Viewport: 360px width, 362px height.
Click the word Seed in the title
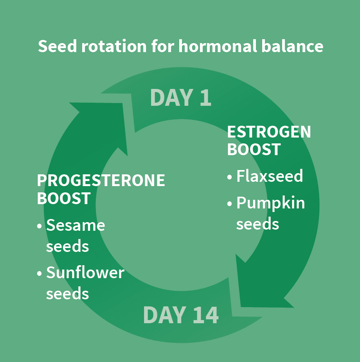click(x=57, y=46)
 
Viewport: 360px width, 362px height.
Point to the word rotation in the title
click(x=114, y=46)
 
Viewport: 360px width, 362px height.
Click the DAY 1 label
click(x=181, y=98)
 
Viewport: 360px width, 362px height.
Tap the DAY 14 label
click(x=181, y=315)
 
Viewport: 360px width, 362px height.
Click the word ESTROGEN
click(x=269, y=132)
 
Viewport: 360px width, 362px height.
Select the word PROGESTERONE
click(x=101, y=180)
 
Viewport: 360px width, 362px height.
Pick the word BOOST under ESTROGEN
click(x=254, y=149)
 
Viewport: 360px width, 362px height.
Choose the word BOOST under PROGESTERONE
click(x=64, y=198)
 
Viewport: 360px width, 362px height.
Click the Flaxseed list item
click(x=270, y=176)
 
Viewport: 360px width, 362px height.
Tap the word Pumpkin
click(x=270, y=204)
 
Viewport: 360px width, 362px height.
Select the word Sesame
click(x=76, y=225)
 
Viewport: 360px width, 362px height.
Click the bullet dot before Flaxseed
click(x=229, y=177)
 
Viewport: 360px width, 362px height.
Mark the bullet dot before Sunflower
click(x=39, y=273)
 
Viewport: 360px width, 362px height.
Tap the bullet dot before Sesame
click(x=39, y=226)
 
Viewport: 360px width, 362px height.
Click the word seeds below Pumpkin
click(x=257, y=224)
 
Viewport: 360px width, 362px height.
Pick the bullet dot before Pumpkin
click(x=229, y=204)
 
